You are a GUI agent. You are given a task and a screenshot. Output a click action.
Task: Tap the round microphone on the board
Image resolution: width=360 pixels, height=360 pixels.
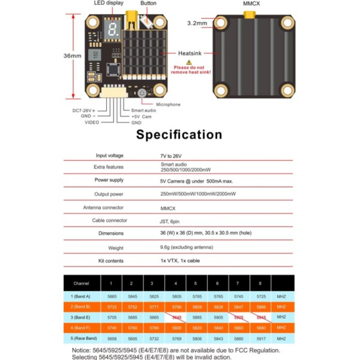coord(141,93)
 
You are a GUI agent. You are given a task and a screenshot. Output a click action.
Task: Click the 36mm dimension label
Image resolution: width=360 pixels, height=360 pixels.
coord(72,56)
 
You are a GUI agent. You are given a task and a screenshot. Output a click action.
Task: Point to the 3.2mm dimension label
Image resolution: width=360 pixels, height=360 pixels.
coord(197,23)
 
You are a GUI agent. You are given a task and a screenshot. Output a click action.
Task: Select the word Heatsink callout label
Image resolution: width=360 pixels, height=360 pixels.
coord(190,53)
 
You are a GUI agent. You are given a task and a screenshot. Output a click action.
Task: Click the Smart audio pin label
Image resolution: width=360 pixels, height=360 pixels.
coord(143,111)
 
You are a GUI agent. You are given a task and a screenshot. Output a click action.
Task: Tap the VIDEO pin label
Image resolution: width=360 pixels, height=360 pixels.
coord(92,122)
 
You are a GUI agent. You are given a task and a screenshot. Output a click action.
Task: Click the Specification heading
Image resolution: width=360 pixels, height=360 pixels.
coord(179,135)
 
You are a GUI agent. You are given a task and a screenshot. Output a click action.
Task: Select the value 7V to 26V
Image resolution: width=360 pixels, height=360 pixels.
coord(172,156)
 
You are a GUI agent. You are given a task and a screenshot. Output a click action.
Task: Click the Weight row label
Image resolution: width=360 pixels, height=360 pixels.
coord(116,248)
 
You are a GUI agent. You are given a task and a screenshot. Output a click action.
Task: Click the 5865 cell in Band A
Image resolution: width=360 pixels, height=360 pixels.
coord(111,296)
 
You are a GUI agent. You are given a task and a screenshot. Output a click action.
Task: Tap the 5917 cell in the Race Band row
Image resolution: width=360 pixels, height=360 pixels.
coord(260,339)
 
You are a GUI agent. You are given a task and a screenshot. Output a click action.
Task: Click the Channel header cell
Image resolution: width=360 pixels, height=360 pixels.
coord(81,283)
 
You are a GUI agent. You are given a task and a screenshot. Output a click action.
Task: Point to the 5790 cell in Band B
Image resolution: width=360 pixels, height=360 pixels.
coord(175,307)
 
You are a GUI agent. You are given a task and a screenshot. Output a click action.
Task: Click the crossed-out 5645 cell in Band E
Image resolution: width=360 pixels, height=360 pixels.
coord(176,318)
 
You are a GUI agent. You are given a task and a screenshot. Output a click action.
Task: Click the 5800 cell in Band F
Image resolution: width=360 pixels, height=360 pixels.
coord(175,328)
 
